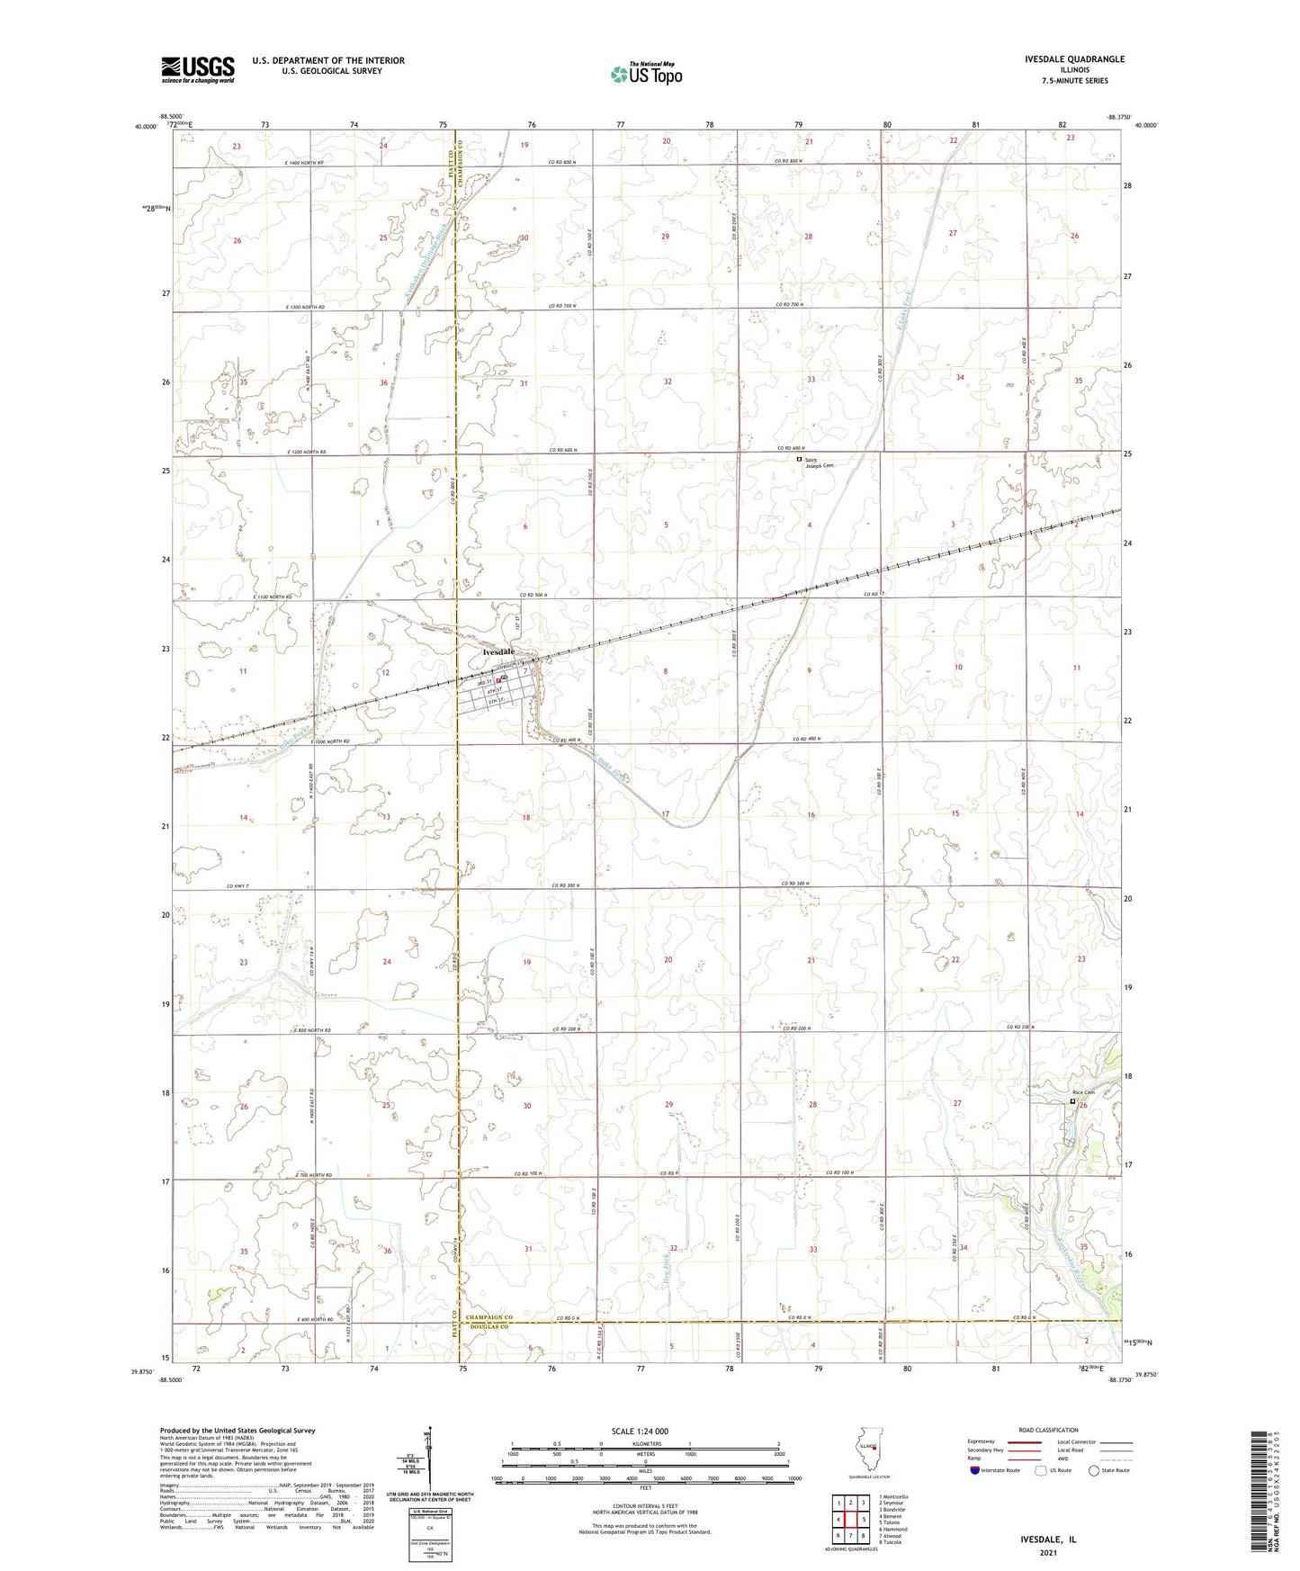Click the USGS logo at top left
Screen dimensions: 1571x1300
(x=197, y=68)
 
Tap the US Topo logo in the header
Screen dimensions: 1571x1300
(x=646, y=74)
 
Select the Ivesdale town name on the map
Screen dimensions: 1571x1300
(x=498, y=651)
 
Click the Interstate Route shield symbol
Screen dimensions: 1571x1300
(x=975, y=1470)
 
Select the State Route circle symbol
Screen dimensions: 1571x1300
(x=1093, y=1470)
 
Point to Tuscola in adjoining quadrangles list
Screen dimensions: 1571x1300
(x=891, y=1541)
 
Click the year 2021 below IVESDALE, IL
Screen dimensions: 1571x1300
(x=1047, y=1552)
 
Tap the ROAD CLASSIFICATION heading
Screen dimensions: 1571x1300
(x=1048, y=1430)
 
